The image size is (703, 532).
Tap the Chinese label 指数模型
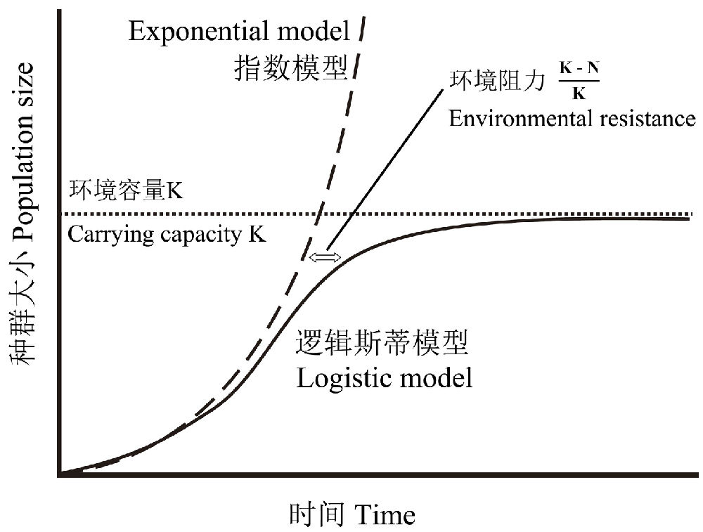pos(291,67)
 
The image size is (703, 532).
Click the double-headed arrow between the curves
pos(325,257)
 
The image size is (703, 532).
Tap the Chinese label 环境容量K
pos(126,190)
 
